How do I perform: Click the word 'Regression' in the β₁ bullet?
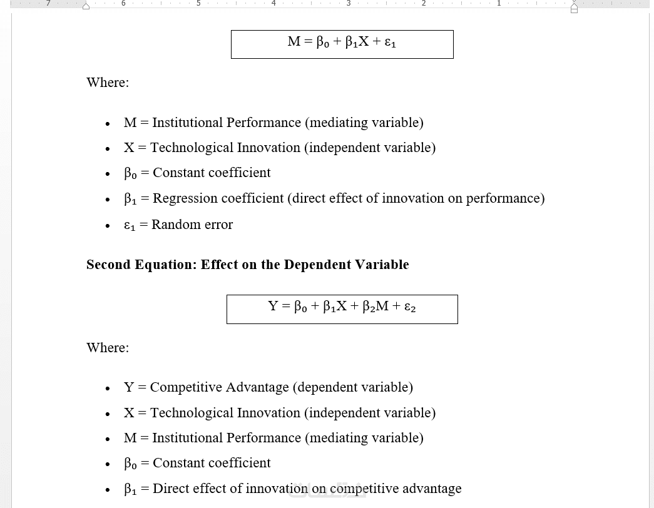pyautogui.click(x=185, y=198)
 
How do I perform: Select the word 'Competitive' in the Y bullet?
pyautogui.click(x=186, y=387)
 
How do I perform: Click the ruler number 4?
pyautogui.click(x=273, y=4)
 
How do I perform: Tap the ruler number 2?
pyautogui.click(x=424, y=4)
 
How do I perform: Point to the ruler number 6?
pyautogui.click(x=123, y=4)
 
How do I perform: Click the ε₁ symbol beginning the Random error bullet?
pyautogui.click(x=130, y=225)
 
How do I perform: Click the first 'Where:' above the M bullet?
pyautogui.click(x=108, y=83)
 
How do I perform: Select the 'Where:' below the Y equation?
pyautogui.click(x=108, y=348)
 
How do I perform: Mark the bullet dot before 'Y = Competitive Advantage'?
pyautogui.click(x=108, y=389)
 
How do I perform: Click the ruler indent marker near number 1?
pyautogui.click(x=574, y=8)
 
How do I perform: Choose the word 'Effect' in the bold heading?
pyautogui.click(x=220, y=265)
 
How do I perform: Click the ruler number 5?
pyautogui.click(x=198, y=4)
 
